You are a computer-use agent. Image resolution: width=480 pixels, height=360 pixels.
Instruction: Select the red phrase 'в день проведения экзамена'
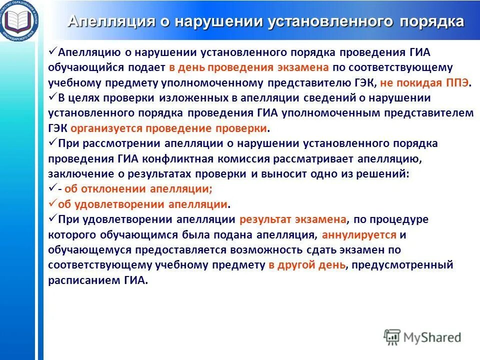[248, 67]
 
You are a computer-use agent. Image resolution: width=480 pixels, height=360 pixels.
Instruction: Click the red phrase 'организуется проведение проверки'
[169, 128]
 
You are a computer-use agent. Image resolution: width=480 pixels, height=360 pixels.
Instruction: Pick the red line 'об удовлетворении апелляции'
[143, 204]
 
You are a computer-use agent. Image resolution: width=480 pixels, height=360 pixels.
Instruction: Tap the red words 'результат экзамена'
[292, 219]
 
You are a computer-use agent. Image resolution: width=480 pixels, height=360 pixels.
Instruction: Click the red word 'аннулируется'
[359, 234]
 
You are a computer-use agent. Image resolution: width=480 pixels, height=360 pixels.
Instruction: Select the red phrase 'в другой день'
[306, 265]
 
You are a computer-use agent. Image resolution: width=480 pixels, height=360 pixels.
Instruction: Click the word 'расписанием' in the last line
[84, 280]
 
